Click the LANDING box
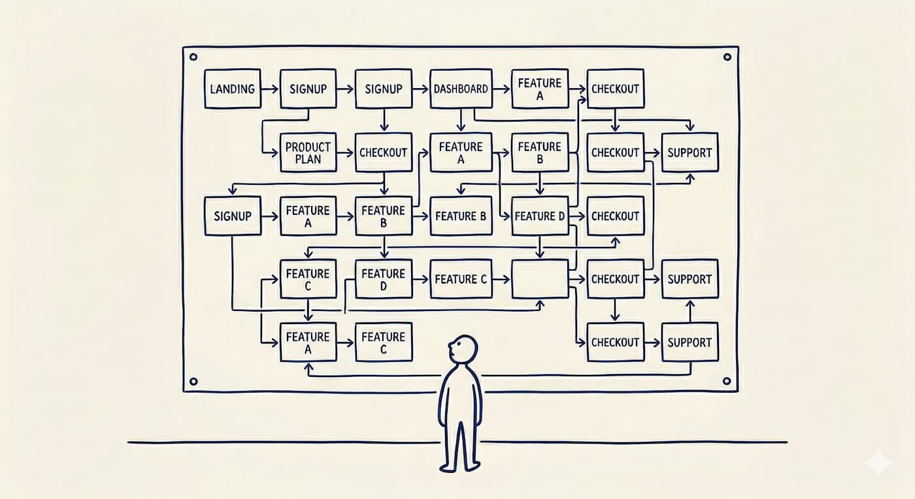(x=233, y=88)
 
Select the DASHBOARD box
(x=461, y=88)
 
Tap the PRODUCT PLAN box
(x=308, y=152)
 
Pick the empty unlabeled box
(x=539, y=279)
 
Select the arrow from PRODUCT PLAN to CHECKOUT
(x=346, y=153)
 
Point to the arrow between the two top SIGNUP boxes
(x=346, y=88)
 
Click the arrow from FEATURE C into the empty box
(x=502, y=279)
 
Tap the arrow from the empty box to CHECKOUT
(x=577, y=279)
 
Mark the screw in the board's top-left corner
(x=193, y=57)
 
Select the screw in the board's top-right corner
(x=727, y=57)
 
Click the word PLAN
(x=308, y=159)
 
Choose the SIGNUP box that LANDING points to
(x=308, y=88)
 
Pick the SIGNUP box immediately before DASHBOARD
(x=384, y=88)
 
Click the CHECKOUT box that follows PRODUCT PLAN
(x=384, y=152)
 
